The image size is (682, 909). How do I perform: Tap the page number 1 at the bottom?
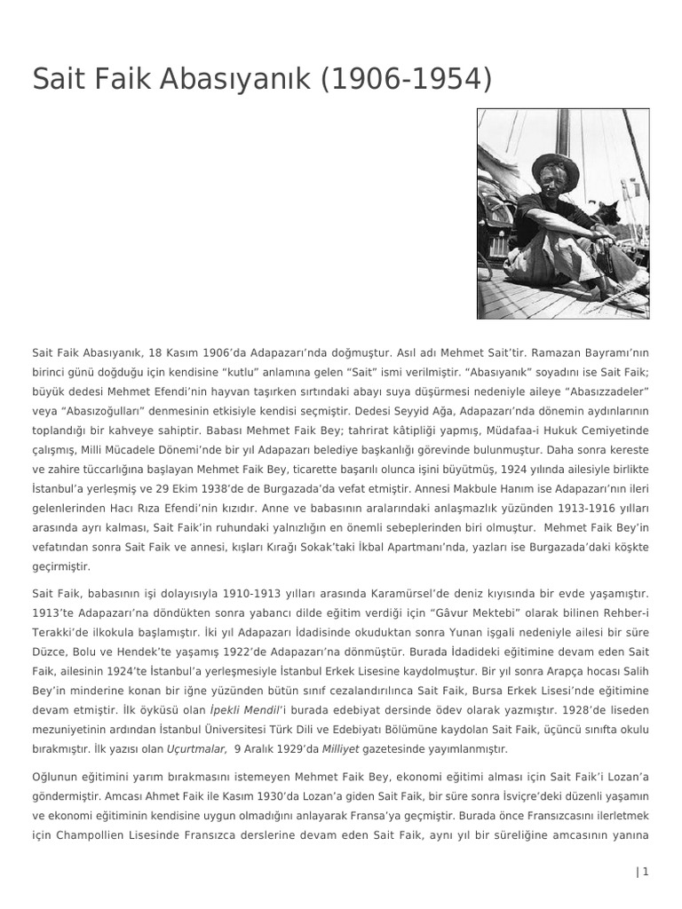pos(646,872)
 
